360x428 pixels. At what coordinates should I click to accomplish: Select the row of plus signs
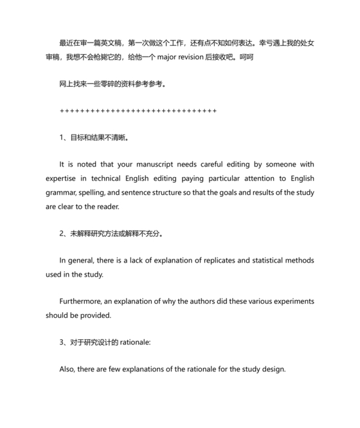pyautogui.click(x=138, y=111)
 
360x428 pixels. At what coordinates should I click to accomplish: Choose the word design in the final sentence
pyautogui.click(x=271, y=369)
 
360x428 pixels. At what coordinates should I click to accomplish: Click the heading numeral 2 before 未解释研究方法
pyautogui.click(x=62, y=234)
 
